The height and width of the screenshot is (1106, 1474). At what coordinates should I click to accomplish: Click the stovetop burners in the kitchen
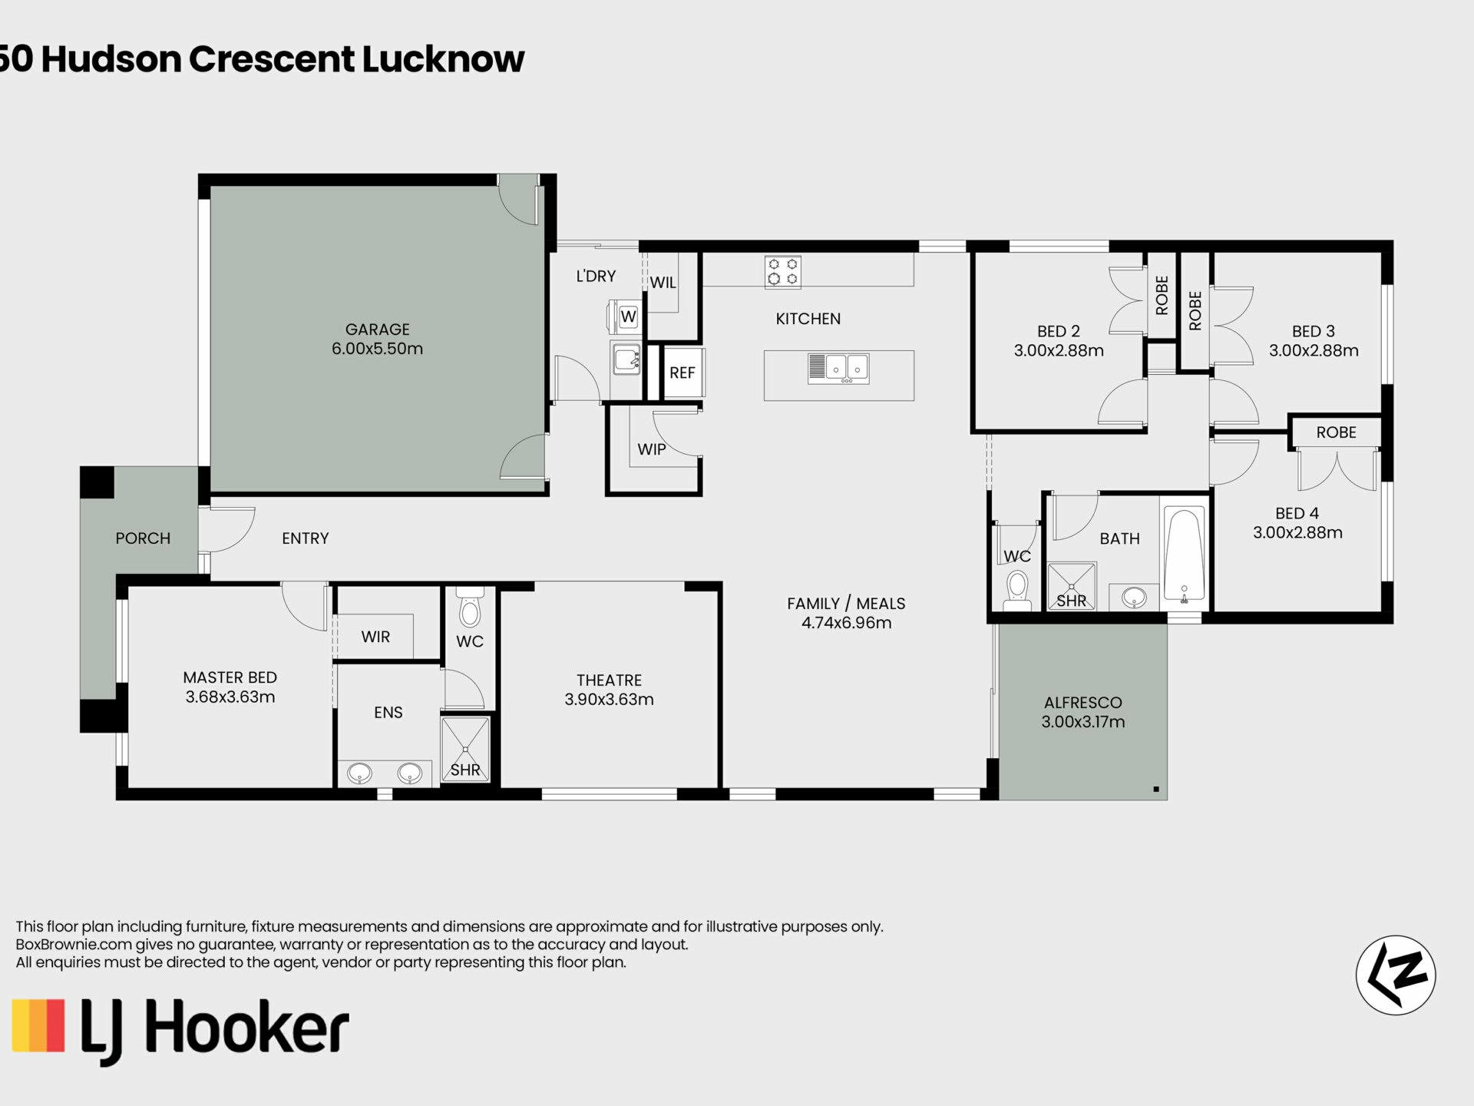782,272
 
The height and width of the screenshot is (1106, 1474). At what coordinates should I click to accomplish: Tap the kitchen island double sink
838,369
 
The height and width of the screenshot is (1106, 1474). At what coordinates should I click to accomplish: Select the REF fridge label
682,373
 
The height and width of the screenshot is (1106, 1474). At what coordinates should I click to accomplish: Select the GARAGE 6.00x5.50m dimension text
377,349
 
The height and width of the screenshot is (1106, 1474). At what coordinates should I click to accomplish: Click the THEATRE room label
609,680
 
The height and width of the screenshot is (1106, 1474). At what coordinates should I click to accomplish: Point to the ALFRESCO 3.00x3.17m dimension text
1083,722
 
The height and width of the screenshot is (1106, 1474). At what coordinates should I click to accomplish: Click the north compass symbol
1396,975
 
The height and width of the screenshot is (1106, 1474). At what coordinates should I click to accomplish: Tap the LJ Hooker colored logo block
38,1025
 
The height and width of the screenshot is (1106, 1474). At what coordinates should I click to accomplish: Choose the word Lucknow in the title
443,59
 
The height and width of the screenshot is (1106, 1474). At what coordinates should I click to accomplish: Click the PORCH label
143,538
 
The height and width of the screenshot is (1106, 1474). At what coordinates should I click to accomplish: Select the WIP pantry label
652,449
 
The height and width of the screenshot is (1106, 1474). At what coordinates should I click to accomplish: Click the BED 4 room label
1297,514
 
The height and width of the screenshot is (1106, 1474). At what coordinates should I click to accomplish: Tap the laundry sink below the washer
626,359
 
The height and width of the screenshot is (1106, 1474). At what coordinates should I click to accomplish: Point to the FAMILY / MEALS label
846,604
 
